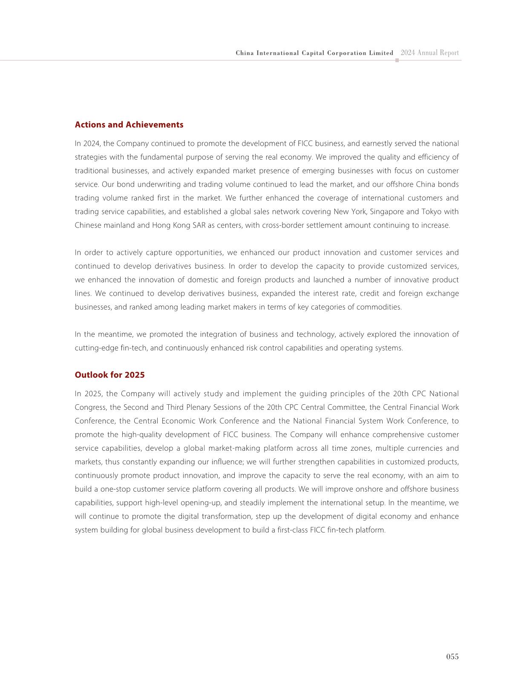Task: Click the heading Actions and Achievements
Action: coord(129,125)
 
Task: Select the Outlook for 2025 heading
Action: coord(109,375)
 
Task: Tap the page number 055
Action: coord(452,656)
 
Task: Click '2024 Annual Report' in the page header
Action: coord(429,53)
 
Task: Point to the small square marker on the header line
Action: coord(397,60)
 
